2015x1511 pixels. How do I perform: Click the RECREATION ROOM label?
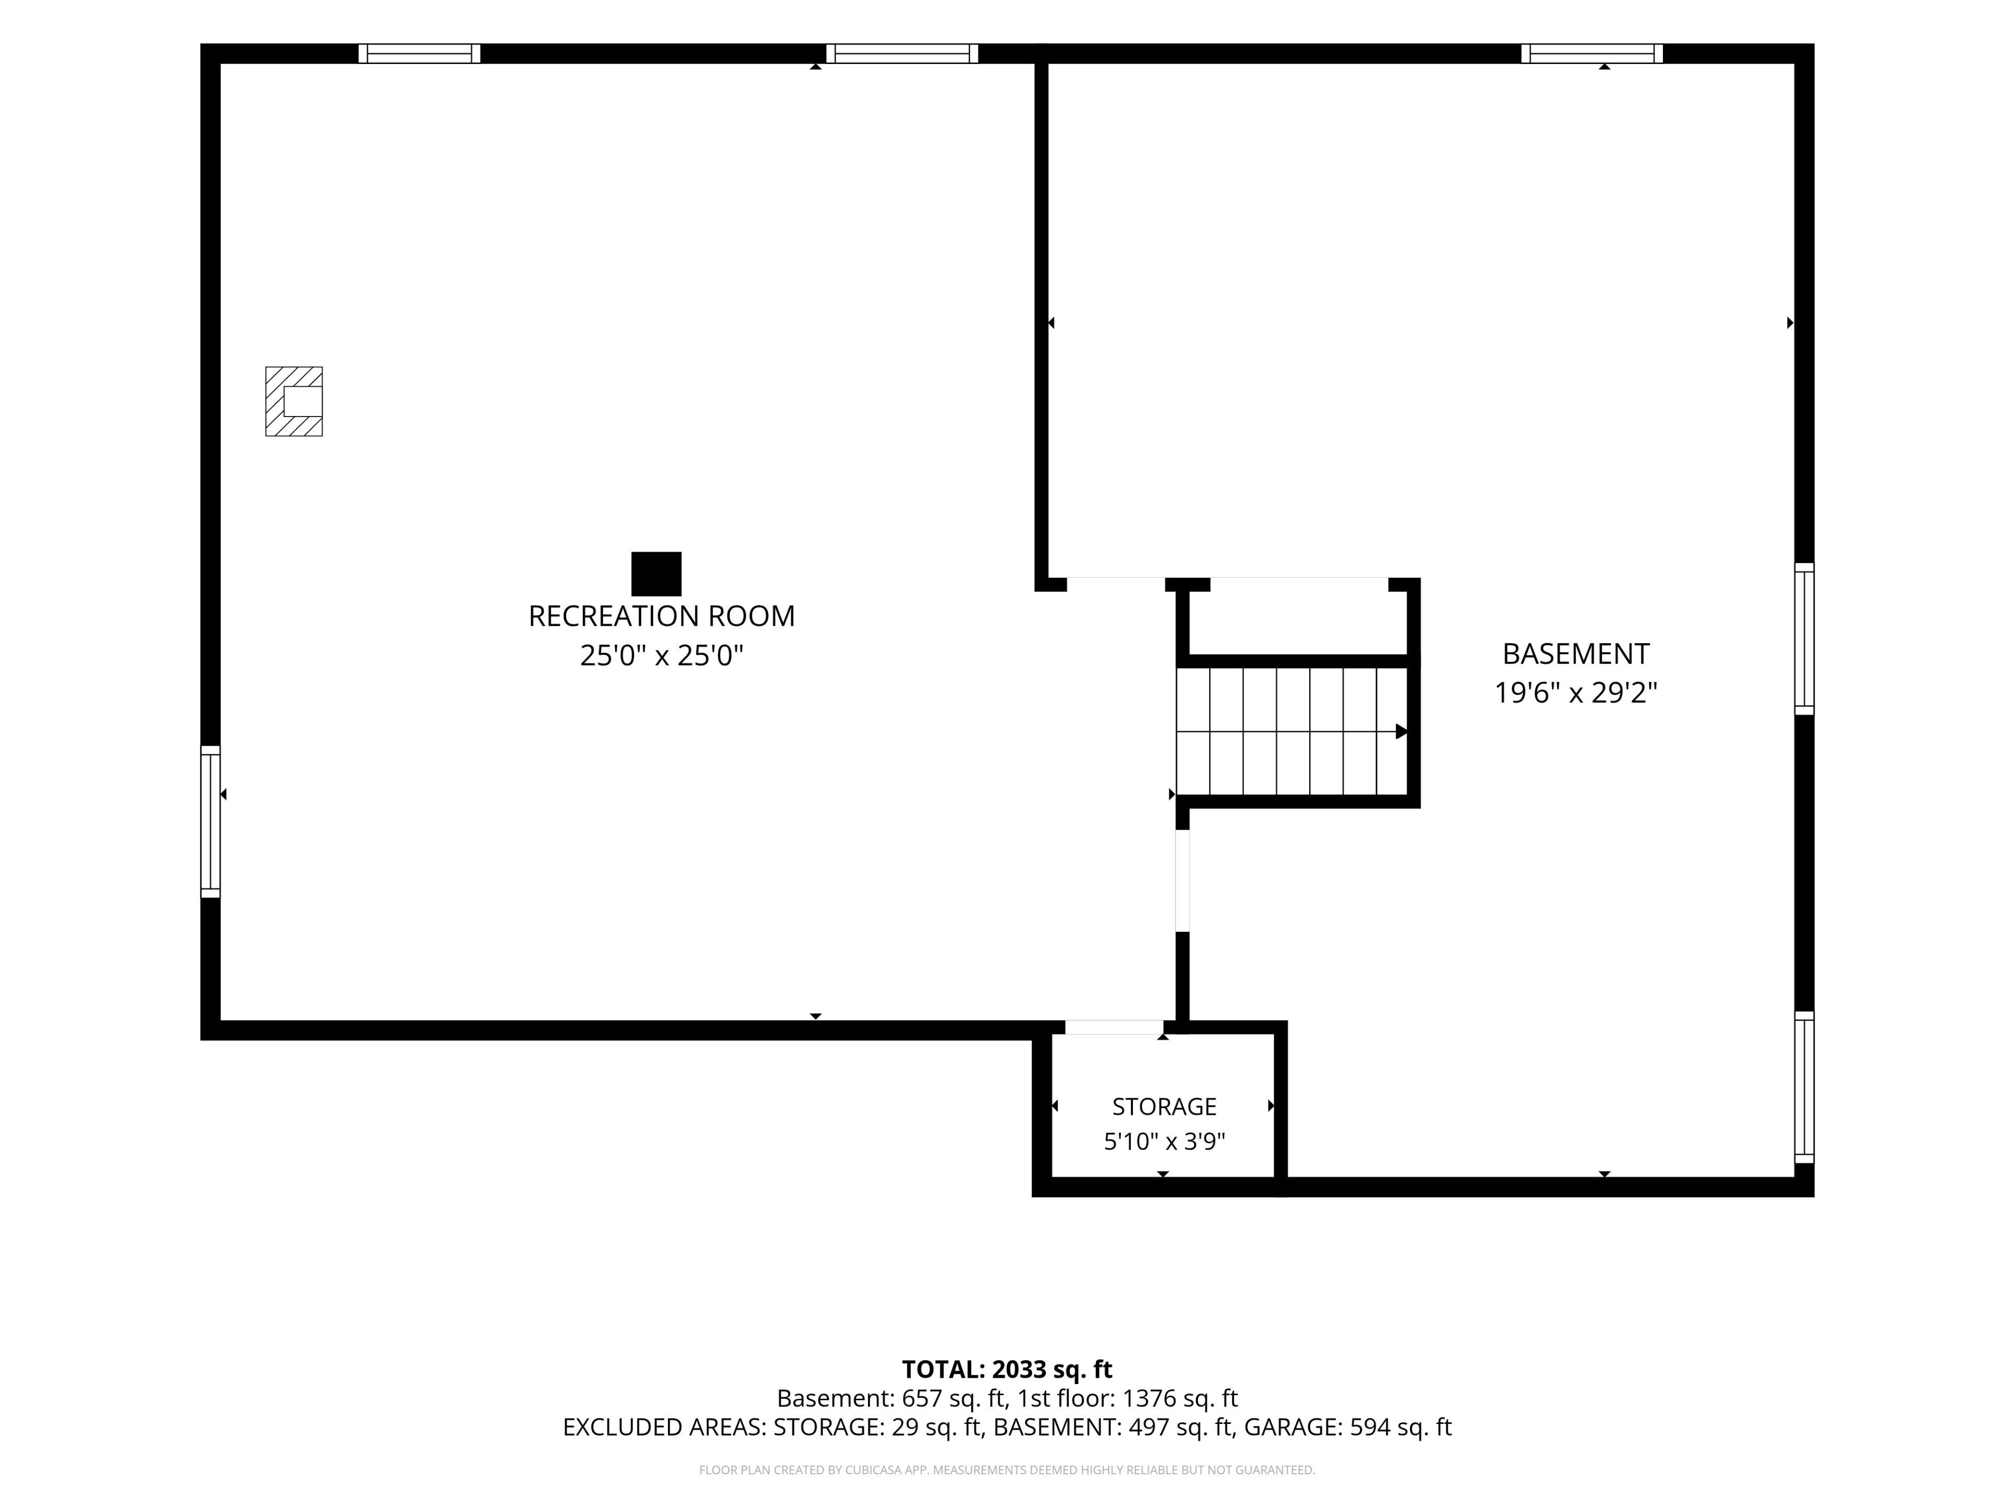661,616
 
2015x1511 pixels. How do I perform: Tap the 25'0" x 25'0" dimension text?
661,656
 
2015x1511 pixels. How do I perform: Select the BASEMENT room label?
1575,654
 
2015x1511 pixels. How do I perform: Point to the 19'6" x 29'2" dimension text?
1575,693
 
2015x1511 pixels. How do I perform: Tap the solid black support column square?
656,574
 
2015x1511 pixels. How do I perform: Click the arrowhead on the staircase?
1401,731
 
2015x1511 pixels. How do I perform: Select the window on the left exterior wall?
210,822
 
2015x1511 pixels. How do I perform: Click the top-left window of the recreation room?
419,54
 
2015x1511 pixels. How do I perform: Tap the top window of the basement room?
1592,54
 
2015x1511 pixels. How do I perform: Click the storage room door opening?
1114,1027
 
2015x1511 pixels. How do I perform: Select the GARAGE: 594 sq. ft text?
1348,1427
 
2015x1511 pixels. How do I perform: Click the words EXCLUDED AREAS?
663,1427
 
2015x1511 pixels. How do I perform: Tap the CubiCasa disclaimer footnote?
1006,1470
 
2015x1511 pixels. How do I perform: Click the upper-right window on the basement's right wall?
1804,639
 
